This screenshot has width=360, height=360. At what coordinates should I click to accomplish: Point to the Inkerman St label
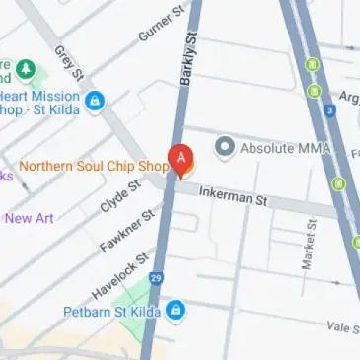234,200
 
